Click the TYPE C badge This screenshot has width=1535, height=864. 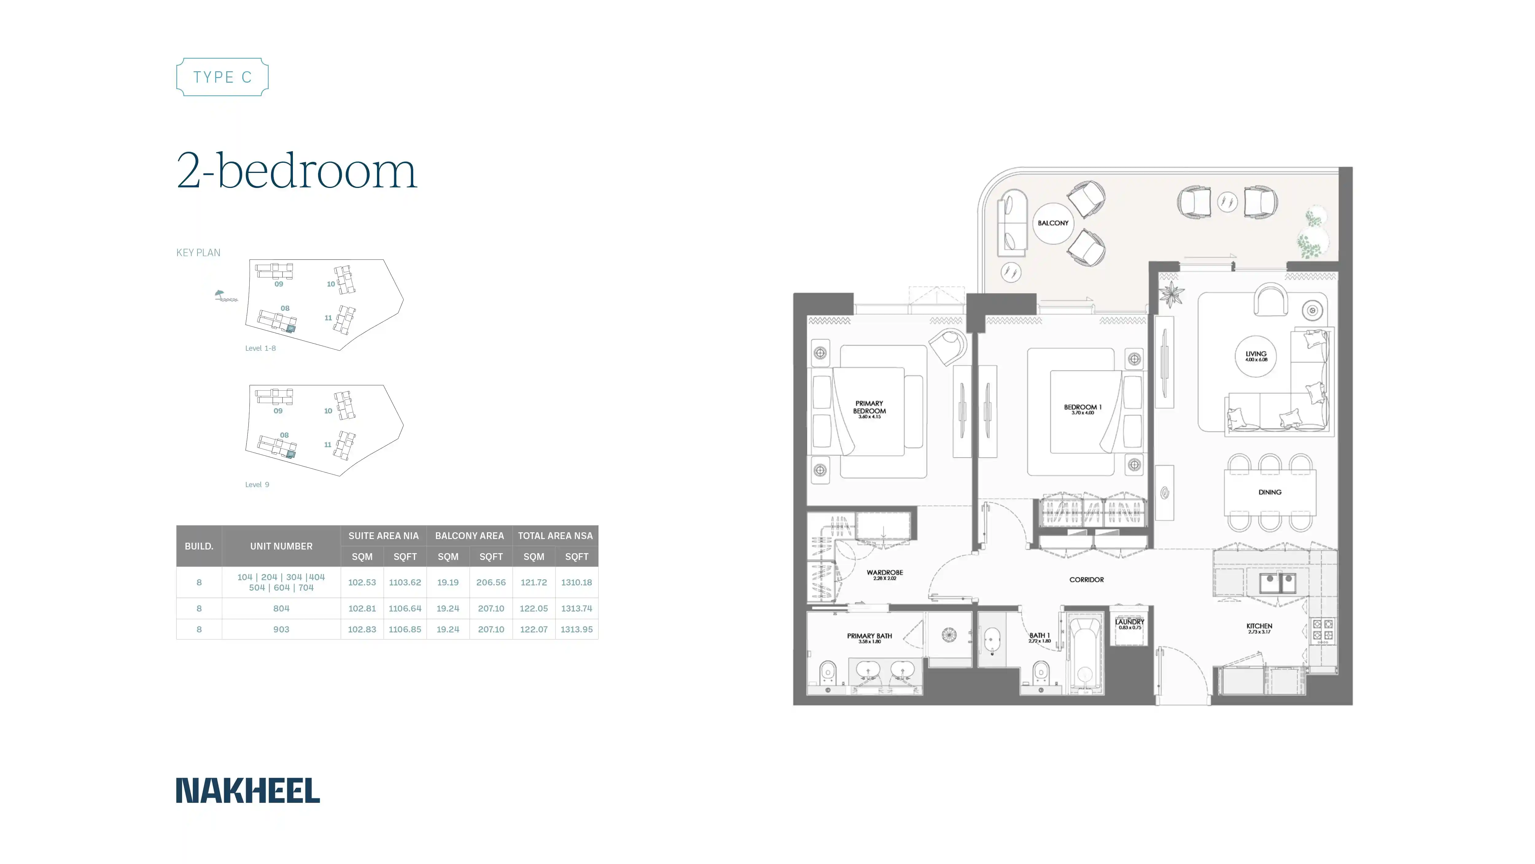(222, 77)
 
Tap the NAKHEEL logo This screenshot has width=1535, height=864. (248, 791)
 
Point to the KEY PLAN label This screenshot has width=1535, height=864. (198, 253)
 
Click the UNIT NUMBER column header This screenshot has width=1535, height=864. (281, 546)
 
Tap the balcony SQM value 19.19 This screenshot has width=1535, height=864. (448, 583)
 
